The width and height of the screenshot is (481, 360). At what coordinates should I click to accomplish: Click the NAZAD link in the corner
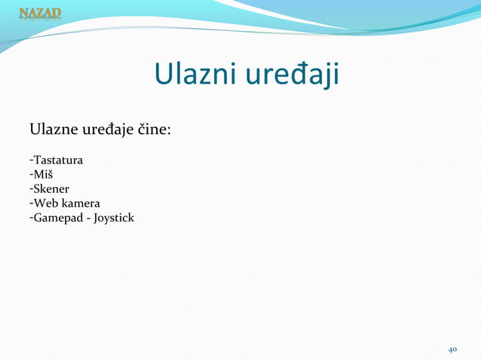tap(40, 13)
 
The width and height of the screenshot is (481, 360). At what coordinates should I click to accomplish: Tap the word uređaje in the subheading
tap(106, 132)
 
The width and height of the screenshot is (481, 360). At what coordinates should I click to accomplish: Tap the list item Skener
tap(51, 189)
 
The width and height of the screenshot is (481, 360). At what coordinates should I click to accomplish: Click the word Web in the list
tap(44, 203)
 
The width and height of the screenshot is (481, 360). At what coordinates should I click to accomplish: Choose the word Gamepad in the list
tap(57, 218)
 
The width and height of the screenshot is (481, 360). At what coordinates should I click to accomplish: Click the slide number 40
tap(453, 349)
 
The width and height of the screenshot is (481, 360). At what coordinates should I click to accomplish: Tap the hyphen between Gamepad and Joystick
tap(87, 218)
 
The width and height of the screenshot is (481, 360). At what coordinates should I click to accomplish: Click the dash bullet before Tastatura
tap(31, 160)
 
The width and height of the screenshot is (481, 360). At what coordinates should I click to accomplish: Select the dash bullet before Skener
tap(31, 189)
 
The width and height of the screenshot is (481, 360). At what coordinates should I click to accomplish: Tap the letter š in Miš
tap(50, 175)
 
